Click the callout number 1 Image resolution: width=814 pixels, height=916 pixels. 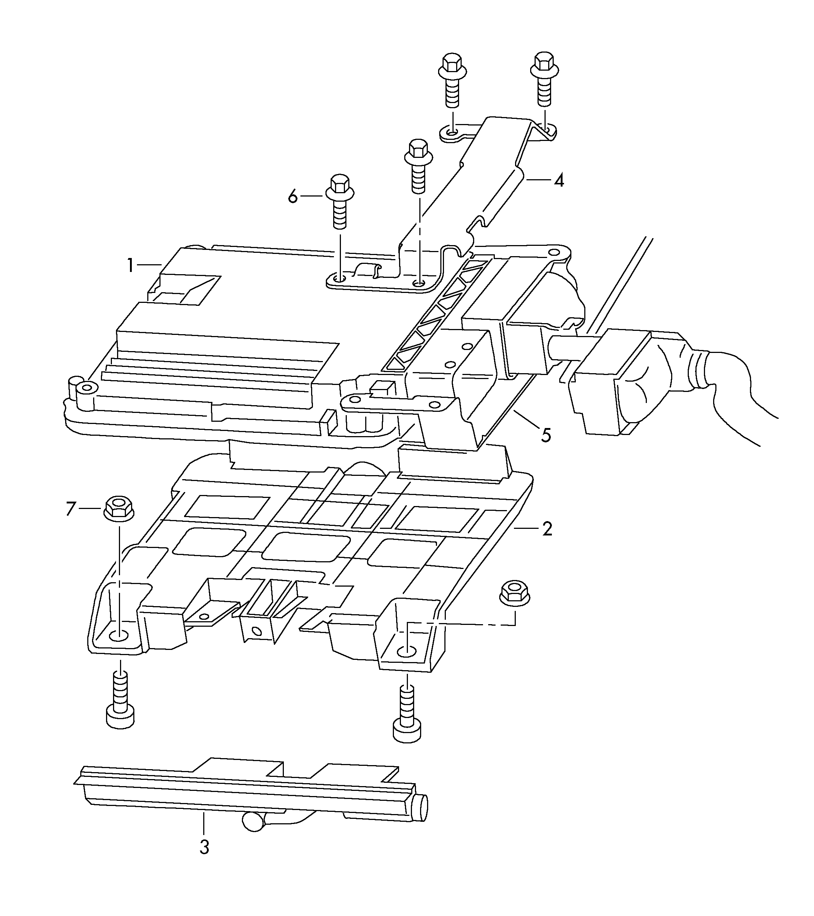click(x=130, y=266)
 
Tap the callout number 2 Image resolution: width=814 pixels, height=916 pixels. click(x=547, y=529)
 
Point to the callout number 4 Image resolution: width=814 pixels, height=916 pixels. click(x=558, y=180)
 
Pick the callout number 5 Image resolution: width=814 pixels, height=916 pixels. click(x=546, y=435)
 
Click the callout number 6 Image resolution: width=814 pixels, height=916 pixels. click(x=293, y=196)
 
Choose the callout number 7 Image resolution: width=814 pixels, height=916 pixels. click(x=71, y=509)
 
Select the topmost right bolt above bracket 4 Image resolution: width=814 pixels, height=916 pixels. click(x=545, y=79)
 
